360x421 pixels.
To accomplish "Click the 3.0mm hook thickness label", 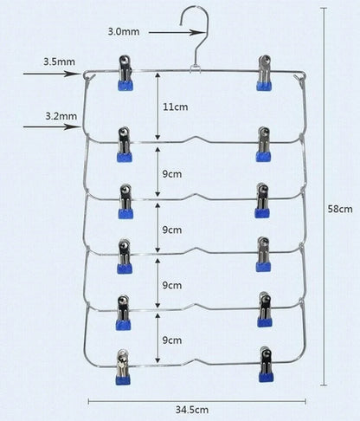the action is (124, 31).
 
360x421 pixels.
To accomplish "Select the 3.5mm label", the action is (59, 62).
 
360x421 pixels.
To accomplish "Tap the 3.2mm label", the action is (61, 116).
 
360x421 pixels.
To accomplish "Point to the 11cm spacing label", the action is (176, 107).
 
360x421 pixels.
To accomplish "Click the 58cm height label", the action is (340, 209).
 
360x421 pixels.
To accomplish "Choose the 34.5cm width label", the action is (192, 410).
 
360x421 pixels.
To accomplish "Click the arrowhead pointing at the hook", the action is (198, 33).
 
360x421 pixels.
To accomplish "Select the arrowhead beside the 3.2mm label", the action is (73, 126).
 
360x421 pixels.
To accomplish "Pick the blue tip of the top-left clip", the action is (125, 86).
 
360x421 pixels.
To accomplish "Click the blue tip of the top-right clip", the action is (264, 86).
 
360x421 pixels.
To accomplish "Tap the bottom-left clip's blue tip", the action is (123, 379).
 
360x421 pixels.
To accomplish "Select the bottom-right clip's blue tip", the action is (267, 377).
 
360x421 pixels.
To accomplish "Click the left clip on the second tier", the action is (125, 145).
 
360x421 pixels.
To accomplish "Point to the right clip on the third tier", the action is (262, 200).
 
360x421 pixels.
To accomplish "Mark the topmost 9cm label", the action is (172, 174).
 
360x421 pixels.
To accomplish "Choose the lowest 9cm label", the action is (172, 340).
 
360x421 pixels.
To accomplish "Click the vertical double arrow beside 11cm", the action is (157, 107).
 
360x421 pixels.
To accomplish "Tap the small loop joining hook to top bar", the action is (196, 68).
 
